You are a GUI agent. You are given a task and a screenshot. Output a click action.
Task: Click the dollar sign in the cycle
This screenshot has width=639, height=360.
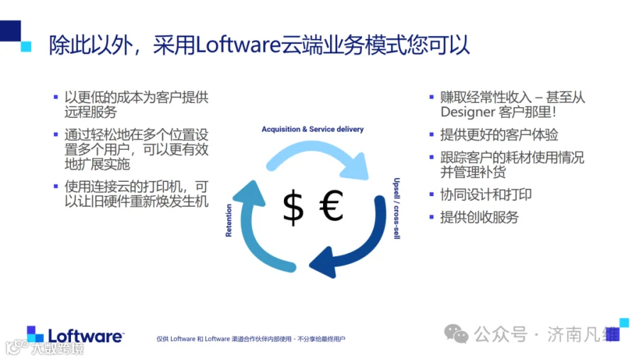pyautogui.click(x=293, y=207)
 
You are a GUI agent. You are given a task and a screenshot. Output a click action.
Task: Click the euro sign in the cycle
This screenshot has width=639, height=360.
pyautogui.click(x=331, y=206)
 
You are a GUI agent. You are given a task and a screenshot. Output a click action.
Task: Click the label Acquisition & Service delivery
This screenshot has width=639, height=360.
pyautogui.click(x=312, y=129)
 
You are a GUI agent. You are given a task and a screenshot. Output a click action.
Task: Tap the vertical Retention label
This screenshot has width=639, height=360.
pyautogui.click(x=229, y=220)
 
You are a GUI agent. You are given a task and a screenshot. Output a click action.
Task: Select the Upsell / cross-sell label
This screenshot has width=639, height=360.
pyautogui.click(x=396, y=208)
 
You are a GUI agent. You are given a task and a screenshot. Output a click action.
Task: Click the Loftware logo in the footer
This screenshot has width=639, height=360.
pyautogui.click(x=75, y=334)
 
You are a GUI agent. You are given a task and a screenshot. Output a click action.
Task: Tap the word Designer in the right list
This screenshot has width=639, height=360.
pyautogui.click(x=467, y=112)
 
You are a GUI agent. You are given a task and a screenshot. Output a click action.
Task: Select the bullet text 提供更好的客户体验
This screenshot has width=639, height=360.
pyautogui.click(x=499, y=134)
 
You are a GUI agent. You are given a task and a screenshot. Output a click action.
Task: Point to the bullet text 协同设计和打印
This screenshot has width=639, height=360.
pyautogui.click(x=486, y=195)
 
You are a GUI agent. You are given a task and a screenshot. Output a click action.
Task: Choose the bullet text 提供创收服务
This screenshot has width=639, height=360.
pyautogui.click(x=480, y=217)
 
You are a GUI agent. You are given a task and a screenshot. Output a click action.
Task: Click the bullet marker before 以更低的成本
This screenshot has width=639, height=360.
pyautogui.click(x=56, y=97)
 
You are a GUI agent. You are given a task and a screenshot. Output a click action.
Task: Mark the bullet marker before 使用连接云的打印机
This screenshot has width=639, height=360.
pyautogui.click(x=56, y=186)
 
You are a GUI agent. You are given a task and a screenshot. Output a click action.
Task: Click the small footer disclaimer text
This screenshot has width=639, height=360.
pyautogui.click(x=251, y=339)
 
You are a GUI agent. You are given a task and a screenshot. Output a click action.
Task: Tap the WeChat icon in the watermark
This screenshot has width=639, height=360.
pyautogui.click(x=456, y=334)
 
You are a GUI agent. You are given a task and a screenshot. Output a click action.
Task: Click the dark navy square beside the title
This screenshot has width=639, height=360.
pyautogui.click(x=10, y=31)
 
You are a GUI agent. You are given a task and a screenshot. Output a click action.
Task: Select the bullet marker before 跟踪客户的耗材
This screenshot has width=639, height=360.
pyautogui.click(x=432, y=157)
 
